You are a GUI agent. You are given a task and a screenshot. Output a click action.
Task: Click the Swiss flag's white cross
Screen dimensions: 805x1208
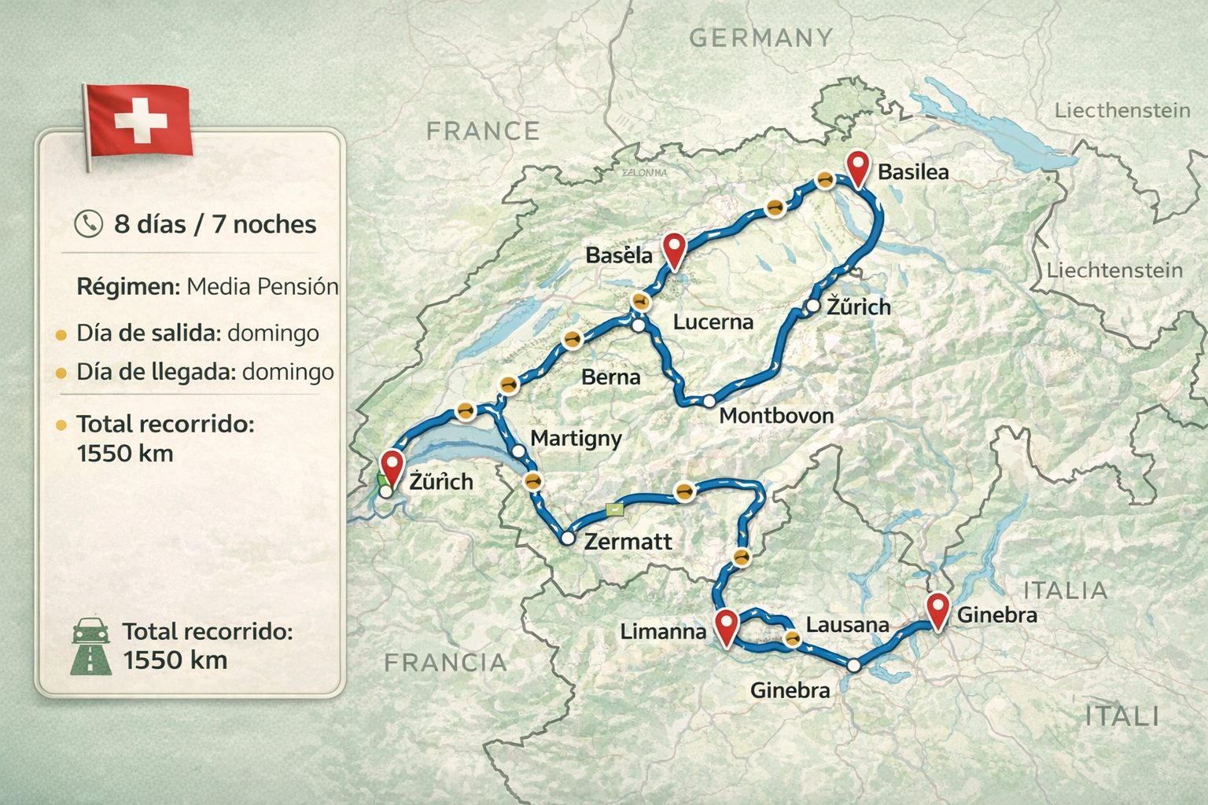coord(141,121)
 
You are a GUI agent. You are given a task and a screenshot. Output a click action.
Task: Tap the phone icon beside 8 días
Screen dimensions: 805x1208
coord(88,224)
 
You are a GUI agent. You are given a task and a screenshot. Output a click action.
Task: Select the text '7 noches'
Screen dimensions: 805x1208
coord(264,224)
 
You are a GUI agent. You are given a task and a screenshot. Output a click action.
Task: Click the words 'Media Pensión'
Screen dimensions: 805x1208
coord(262,286)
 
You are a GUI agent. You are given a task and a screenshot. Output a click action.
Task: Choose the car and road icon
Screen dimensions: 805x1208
coord(90,646)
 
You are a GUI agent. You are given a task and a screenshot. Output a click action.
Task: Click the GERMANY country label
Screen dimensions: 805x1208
coord(760,38)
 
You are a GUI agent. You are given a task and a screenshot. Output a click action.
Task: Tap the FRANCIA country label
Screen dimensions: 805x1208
coord(445,663)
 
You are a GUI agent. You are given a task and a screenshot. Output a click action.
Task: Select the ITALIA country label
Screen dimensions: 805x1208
coord(1065,590)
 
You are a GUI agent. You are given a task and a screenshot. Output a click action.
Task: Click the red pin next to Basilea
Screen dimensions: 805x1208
coord(858,168)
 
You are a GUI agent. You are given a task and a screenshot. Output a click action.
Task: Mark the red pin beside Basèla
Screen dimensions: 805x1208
coord(674,250)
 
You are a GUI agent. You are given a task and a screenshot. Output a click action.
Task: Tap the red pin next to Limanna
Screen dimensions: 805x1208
coord(726,627)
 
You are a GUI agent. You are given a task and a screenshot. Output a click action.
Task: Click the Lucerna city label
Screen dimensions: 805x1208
coord(713,322)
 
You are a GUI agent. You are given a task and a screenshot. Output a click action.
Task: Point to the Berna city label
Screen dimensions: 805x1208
coord(610,377)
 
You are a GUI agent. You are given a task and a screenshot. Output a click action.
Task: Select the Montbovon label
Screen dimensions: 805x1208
coord(776,415)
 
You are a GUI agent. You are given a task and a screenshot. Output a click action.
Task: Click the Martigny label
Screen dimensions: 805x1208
coord(576,438)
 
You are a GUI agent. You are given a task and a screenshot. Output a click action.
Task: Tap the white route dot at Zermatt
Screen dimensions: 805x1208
coord(567,539)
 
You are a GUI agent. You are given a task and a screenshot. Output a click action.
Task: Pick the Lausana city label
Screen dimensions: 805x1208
coord(847,625)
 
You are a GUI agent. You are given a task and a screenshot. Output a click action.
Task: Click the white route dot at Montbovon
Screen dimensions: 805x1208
coord(709,401)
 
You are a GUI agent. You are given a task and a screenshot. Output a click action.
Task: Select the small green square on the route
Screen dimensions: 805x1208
coord(614,509)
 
